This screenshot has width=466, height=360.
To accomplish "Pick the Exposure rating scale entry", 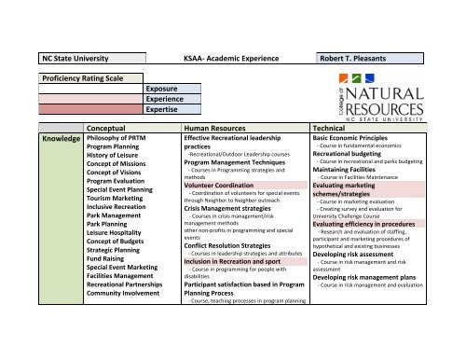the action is click(x=163, y=89).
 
